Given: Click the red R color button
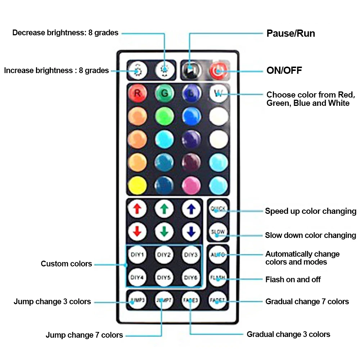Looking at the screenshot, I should pos(137,93).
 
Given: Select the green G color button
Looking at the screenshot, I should pos(164,93).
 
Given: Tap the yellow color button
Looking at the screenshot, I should pos(137,185).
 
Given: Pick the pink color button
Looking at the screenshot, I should pos(191,185).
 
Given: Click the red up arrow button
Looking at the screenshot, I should pos(137,208).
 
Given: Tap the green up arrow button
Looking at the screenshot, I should pos(164,208).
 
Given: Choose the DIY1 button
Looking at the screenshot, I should pos(137,255).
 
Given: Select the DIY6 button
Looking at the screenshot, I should pos(191,278).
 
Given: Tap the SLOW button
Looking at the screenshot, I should pos(218,232).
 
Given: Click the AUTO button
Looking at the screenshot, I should pos(218,255).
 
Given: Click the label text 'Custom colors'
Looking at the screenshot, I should pos(66,264).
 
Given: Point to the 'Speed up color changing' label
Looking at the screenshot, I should pos(310,211).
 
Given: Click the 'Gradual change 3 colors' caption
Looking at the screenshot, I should pos(288,334).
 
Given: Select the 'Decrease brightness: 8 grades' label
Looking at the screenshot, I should pos(65,33).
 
